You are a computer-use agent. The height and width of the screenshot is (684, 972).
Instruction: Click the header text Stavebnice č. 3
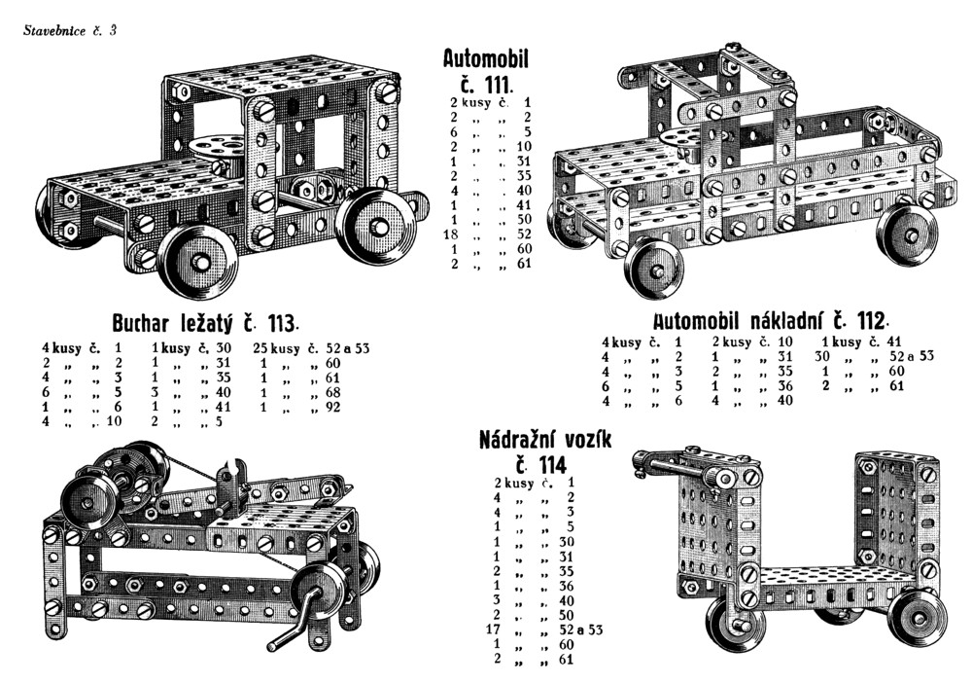click(69, 30)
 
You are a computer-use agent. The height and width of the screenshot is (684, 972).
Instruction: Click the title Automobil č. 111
click(485, 70)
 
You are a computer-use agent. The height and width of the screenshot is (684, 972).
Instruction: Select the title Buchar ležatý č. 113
click(206, 323)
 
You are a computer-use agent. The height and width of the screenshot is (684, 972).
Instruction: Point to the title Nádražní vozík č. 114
click(545, 451)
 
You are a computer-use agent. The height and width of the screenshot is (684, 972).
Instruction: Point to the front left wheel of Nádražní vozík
click(736, 623)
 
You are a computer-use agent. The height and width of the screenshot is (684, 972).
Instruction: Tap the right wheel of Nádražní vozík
click(917, 617)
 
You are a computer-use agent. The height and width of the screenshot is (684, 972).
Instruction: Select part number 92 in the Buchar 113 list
click(332, 408)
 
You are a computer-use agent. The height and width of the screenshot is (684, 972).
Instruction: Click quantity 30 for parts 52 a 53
click(821, 356)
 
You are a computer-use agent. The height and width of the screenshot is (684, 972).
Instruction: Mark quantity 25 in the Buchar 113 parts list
click(260, 349)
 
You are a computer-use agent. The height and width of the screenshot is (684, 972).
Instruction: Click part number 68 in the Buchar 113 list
click(332, 393)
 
